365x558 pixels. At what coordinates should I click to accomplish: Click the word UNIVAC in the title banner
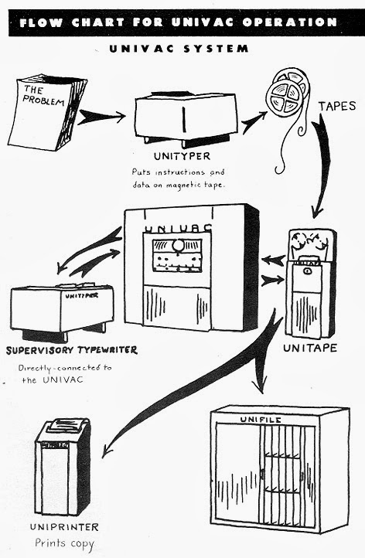coord(203,22)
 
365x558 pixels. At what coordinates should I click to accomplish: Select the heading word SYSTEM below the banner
coord(216,49)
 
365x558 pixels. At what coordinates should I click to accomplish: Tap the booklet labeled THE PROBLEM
coord(47,112)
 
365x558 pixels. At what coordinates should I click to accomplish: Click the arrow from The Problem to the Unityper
coord(101,117)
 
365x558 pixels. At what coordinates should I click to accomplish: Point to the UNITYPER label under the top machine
coord(182,156)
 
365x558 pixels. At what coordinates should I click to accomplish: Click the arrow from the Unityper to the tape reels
coord(254,121)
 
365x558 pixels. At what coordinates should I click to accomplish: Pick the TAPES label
coord(337,106)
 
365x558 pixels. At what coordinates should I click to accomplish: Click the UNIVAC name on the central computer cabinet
coord(178,228)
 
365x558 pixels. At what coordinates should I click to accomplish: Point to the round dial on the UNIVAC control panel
coord(176,246)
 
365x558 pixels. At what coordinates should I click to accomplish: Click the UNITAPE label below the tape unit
coord(310,348)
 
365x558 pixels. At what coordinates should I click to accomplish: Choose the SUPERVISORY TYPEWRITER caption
coord(72,350)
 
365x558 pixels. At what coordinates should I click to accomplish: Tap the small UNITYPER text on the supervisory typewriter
coord(81,295)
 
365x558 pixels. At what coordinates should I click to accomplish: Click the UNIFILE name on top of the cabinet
coord(261,420)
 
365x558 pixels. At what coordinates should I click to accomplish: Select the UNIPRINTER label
coord(64,527)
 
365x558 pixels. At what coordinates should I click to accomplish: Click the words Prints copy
coord(64,544)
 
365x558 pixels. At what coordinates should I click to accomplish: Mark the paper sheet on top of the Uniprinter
coord(67,424)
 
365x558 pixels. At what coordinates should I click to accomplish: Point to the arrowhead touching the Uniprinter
coord(107,451)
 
